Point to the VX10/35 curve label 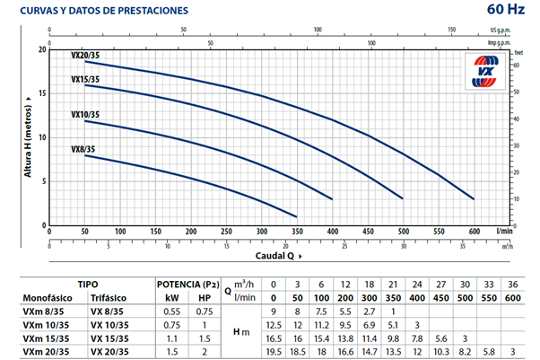[x=85, y=114]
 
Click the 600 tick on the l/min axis [x=474, y=232]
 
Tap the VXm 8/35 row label [x=39, y=311]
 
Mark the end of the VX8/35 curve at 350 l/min [x=297, y=215]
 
